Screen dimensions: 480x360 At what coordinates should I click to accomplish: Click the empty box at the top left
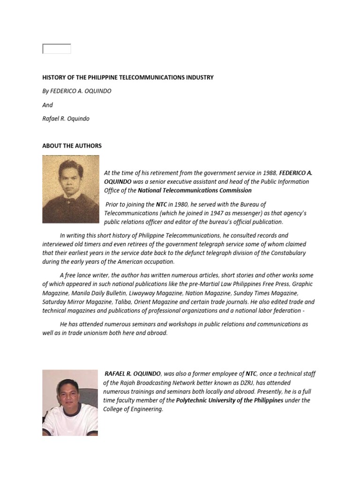click(57, 49)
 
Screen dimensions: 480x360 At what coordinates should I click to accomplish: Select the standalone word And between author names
click(47, 105)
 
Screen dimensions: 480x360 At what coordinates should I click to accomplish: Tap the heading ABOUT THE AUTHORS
click(72, 146)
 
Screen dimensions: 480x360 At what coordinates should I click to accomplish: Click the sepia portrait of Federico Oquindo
click(71, 189)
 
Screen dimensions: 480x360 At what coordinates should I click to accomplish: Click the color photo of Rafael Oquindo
click(70, 403)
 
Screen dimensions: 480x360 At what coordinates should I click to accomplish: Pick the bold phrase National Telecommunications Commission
click(195, 190)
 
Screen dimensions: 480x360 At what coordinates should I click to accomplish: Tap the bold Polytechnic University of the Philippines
click(230, 400)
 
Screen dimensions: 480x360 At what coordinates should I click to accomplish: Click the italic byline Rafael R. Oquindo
click(66, 119)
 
